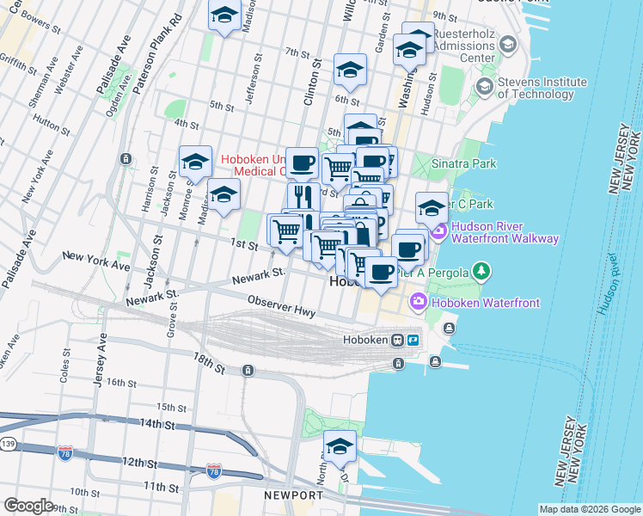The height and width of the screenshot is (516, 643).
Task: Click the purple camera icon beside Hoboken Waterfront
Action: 419,302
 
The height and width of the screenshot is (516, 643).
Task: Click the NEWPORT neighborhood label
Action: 293,495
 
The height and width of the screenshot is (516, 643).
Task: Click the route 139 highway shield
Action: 7,443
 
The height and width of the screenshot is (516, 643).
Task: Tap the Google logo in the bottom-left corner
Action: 28,505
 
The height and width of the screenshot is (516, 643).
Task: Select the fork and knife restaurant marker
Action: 302,197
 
